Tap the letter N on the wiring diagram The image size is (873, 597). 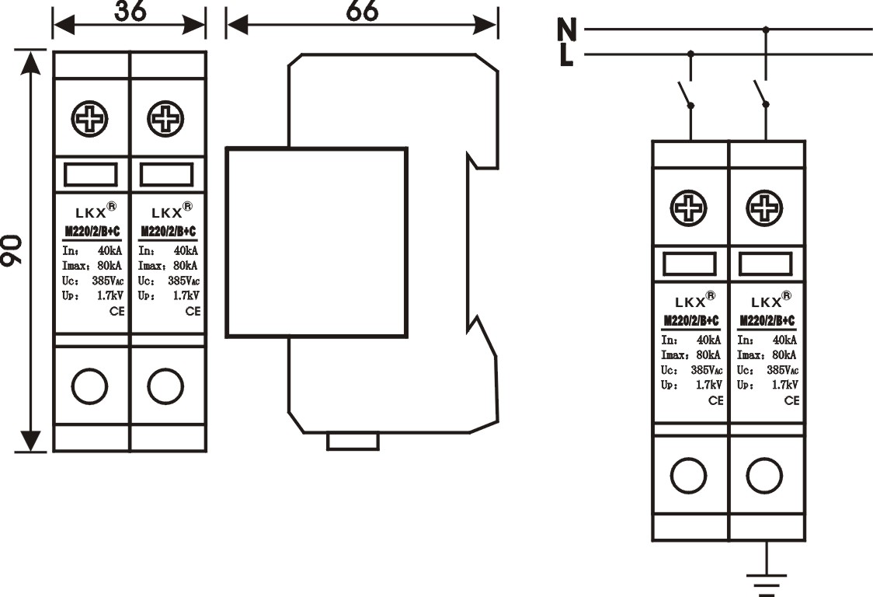tap(568, 30)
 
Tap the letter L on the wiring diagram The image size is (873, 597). tap(567, 55)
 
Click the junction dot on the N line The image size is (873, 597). tap(767, 30)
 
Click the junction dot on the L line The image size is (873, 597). tap(690, 54)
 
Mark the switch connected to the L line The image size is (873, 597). tap(686, 94)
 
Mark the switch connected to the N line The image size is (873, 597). tap(762, 94)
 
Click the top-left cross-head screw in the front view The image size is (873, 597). tap(90, 119)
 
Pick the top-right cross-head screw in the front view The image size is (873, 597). tap(165, 119)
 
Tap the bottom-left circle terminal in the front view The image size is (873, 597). tap(90, 386)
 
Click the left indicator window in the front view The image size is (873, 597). tap(90, 175)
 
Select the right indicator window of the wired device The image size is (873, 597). tap(765, 264)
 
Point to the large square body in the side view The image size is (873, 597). tap(316, 243)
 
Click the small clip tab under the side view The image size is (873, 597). tap(353, 442)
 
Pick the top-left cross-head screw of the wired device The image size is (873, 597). tap(690, 208)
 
